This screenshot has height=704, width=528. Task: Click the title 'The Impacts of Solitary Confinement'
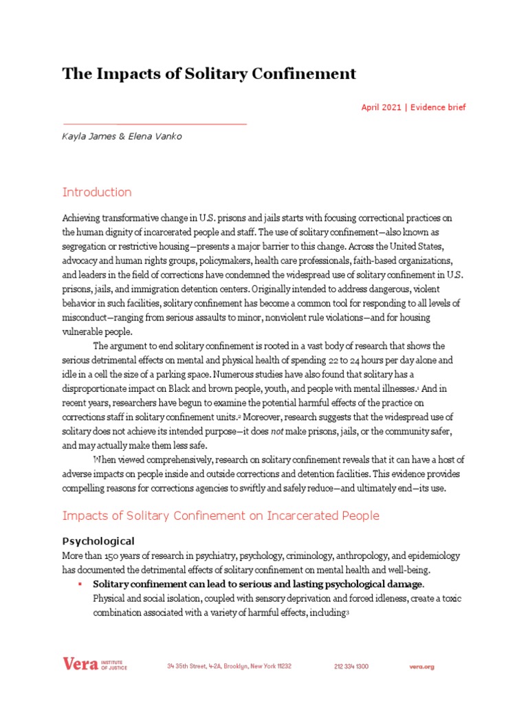[209, 74]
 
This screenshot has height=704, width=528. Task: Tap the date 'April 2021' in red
[380, 107]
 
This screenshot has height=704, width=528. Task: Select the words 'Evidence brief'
[438, 107]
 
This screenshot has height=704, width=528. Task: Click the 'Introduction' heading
[97, 192]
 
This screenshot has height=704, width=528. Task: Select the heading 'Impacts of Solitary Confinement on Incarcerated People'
[221, 516]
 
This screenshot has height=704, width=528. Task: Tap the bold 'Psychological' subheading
[98, 540]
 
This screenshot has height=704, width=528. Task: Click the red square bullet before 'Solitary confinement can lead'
[80, 584]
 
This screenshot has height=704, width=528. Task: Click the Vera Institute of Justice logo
[94, 665]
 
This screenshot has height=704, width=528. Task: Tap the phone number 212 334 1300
[351, 666]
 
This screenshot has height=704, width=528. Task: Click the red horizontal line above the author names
[154, 124]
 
